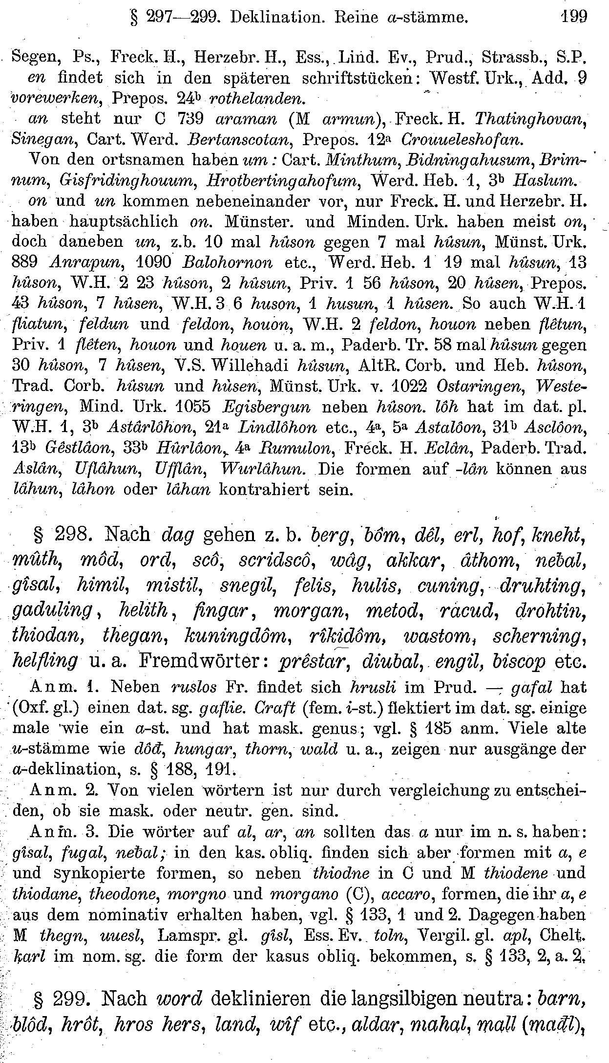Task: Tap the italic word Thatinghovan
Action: click(530, 118)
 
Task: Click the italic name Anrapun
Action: click(81, 262)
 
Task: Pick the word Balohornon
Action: click(227, 262)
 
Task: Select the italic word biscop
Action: click(518, 662)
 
